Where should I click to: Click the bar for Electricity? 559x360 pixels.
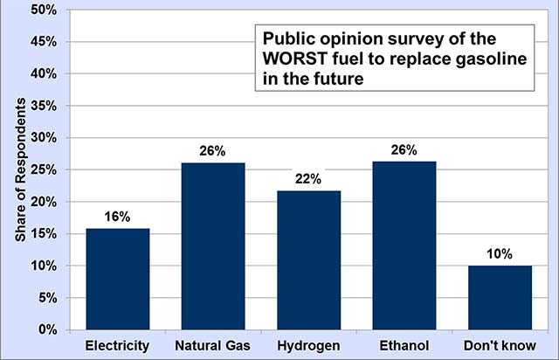pyautogui.click(x=117, y=279)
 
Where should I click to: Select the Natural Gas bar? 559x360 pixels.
pyautogui.click(x=213, y=246)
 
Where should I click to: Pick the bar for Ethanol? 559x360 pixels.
pyautogui.click(x=404, y=246)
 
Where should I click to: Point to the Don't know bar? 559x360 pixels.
pyautogui.click(x=500, y=298)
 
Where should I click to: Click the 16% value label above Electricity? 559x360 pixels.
pyautogui.click(x=117, y=216)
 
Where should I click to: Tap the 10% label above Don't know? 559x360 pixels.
pyautogui.click(x=500, y=254)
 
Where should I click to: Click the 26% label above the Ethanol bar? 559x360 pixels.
pyautogui.click(x=404, y=150)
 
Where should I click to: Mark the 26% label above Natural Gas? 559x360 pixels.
pyautogui.click(x=213, y=151)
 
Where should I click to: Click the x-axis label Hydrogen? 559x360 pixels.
pyautogui.click(x=308, y=346)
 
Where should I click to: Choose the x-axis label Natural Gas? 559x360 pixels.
pyautogui.click(x=213, y=346)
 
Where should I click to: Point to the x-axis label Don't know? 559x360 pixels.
pyautogui.click(x=500, y=346)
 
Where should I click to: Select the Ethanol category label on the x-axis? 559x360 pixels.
pyautogui.click(x=404, y=346)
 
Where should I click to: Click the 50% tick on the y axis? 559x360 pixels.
pyautogui.click(x=43, y=10)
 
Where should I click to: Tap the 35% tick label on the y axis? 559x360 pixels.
pyautogui.click(x=43, y=106)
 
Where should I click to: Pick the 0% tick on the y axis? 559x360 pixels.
pyautogui.click(x=46, y=330)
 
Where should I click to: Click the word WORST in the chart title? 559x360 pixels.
pyautogui.click(x=293, y=60)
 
